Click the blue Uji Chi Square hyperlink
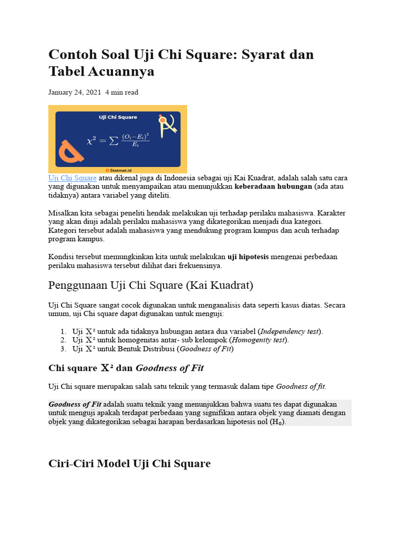[x=72, y=178]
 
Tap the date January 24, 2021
[x=74, y=92]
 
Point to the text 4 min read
[x=122, y=92]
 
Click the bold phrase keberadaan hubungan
[x=273, y=186]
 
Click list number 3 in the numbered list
[x=63, y=349]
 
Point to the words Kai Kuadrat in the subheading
[x=224, y=285]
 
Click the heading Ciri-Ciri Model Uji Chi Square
[x=129, y=463]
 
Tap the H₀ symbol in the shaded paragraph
[x=276, y=422]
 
